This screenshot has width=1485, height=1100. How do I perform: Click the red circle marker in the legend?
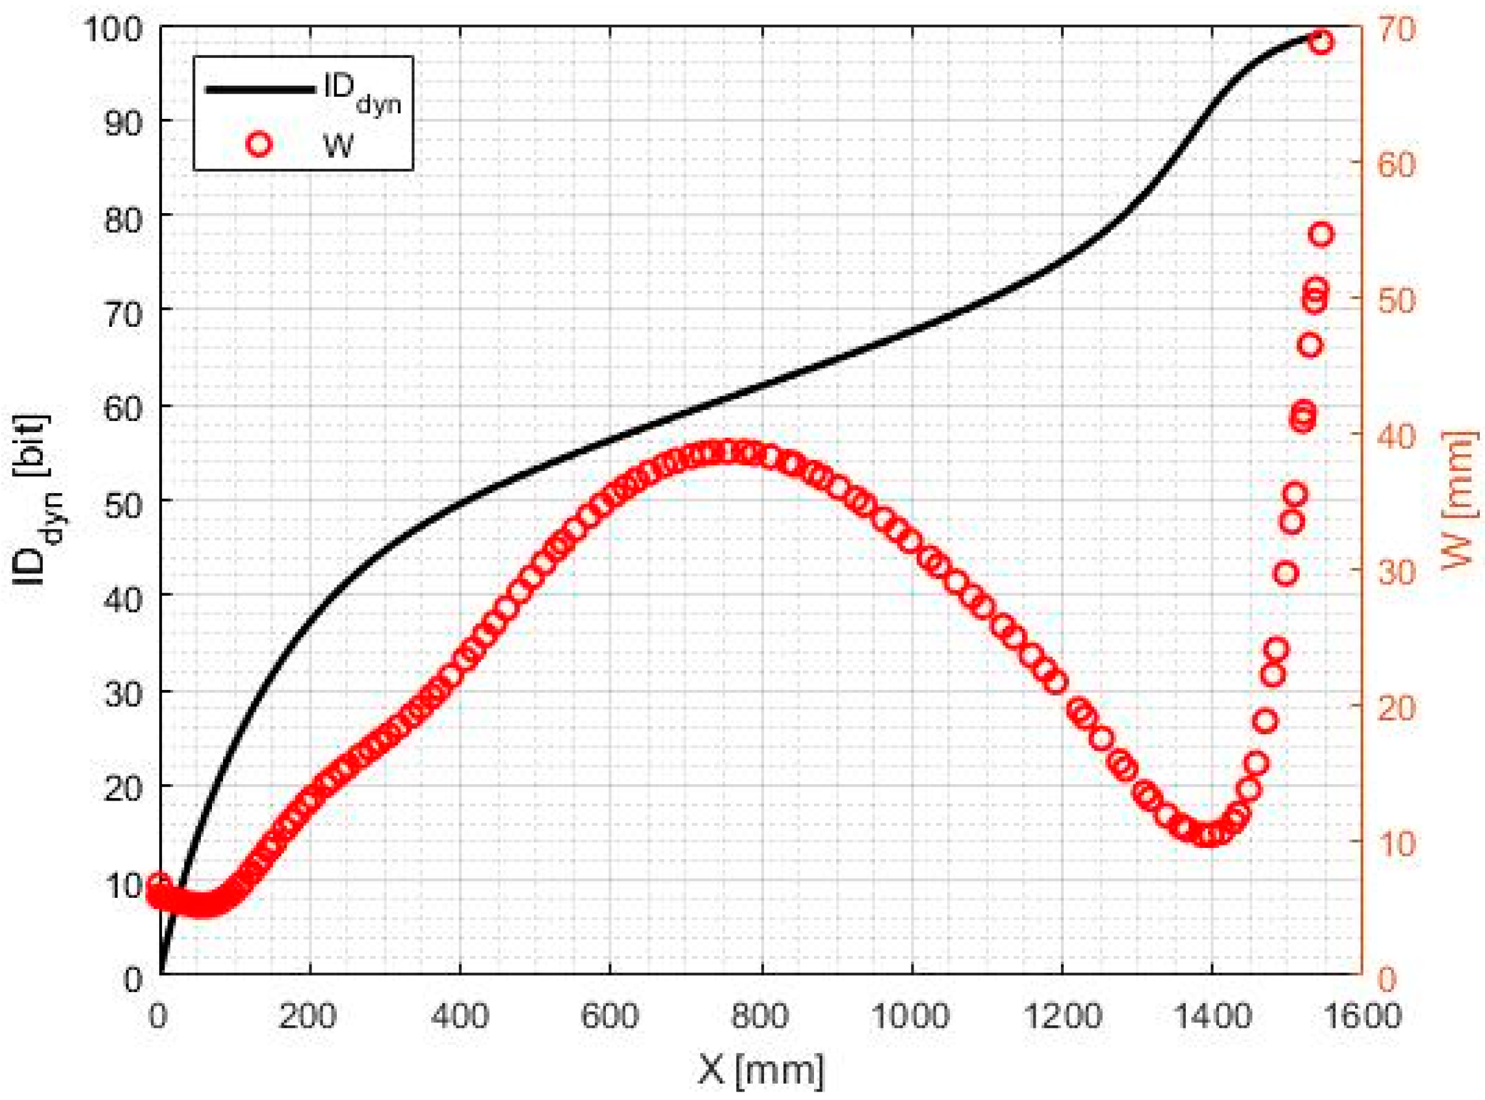[259, 144]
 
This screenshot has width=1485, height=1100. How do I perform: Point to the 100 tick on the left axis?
[114, 29]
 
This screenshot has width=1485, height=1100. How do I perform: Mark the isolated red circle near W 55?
[1321, 235]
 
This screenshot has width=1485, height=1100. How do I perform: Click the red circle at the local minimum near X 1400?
[1208, 835]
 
